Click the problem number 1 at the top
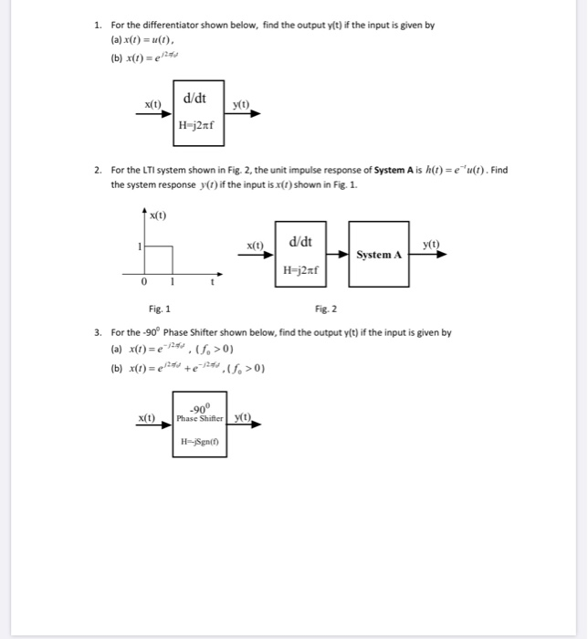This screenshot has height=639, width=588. (97, 26)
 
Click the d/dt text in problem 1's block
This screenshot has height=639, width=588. (194, 97)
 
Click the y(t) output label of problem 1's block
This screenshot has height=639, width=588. (242, 105)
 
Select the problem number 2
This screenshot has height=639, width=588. (97, 170)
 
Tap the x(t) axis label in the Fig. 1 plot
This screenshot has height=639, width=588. (159, 215)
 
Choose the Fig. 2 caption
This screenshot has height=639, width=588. (326, 309)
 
